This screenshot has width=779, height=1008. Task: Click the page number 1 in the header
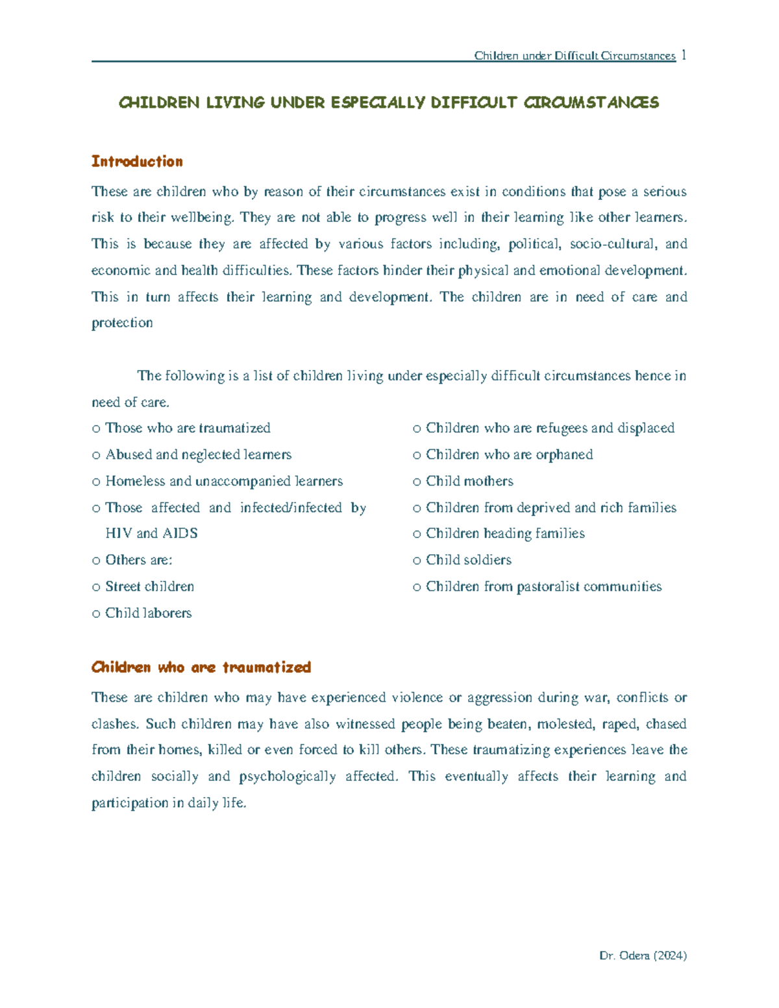pyautogui.click(x=684, y=55)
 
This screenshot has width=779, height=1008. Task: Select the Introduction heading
pyautogui.click(x=137, y=162)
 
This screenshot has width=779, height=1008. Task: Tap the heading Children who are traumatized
pyautogui.click(x=201, y=667)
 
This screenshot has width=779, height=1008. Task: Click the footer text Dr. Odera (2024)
pyautogui.click(x=643, y=955)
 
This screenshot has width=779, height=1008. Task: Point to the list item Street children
pyautogui.click(x=149, y=587)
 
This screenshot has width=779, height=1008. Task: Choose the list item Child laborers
pyautogui.click(x=148, y=613)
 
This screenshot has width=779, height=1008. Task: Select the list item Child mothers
pyautogui.click(x=469, y=482)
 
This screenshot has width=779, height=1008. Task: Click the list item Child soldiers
pyautogui.click(x=468, y=560)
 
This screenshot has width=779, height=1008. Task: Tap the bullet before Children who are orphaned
pyautogui.click(x=417, y=456)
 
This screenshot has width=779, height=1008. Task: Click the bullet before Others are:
pyautogui.click(x=96, y=561)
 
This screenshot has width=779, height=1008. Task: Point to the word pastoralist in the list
pyautogui.click(x=548, y=587)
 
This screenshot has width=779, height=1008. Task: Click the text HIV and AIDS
pyautogui.click(x=151, y=534)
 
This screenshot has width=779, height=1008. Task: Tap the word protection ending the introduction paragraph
pyautogui.click(x=122, y=323)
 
